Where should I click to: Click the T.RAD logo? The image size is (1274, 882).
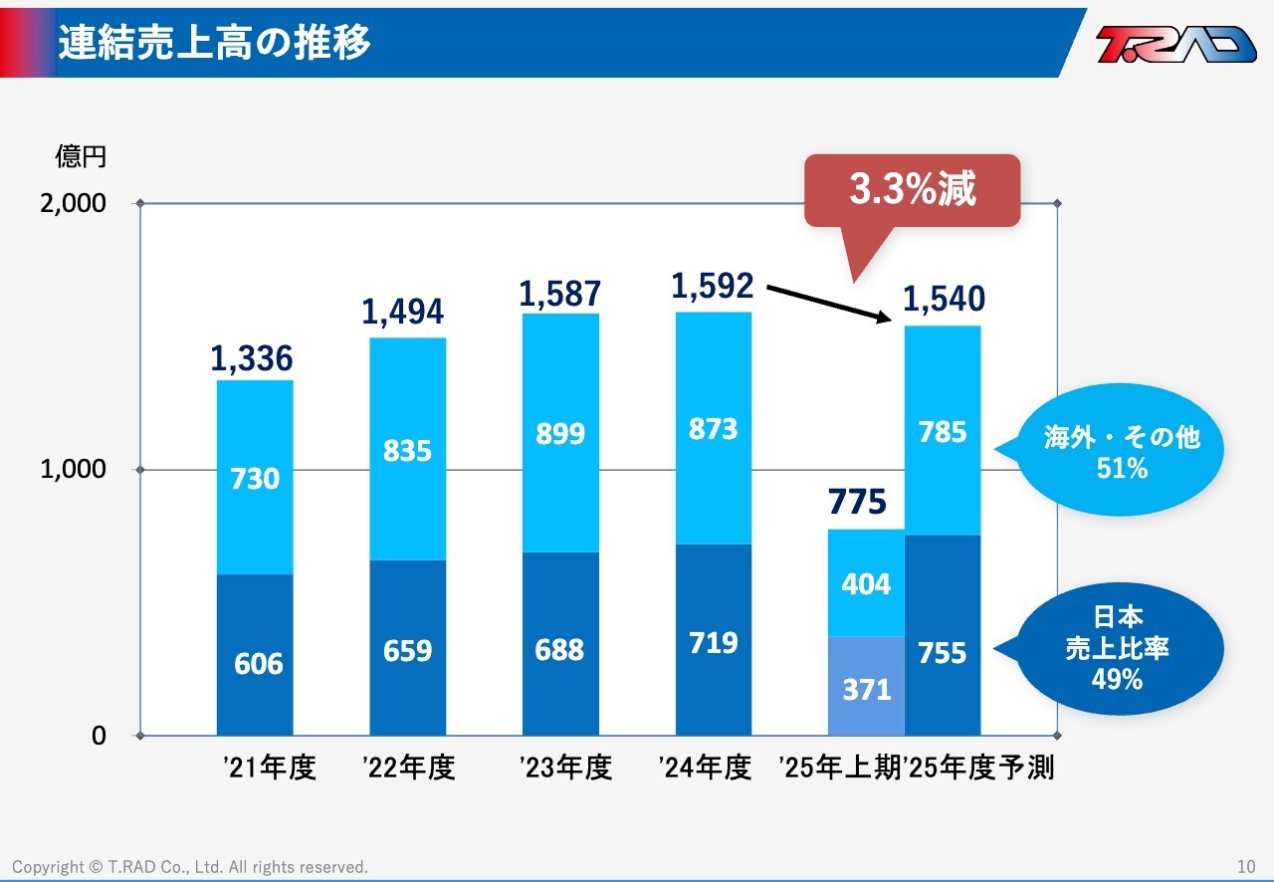click(x=1175, y=44)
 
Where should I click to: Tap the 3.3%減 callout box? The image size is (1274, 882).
click(x=912, y=190)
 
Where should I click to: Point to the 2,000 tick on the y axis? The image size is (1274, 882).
click(x=72, y=204)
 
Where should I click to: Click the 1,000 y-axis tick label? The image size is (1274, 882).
click(x=72, y=469)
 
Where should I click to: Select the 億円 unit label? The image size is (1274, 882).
click(x=80, y=157)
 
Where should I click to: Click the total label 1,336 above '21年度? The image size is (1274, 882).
click(x=252, y=359)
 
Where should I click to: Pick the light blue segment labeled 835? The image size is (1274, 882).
click(x=407, y=450)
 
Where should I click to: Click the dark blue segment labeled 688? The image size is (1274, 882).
click(x=560, y=650)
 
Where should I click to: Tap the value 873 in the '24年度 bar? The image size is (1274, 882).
click(x=713, y=429)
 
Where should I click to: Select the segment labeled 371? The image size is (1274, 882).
click(x=866, y=687)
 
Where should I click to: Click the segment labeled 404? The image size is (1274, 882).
click(x=866, y=583)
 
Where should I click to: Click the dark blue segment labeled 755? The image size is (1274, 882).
click(x=943, y=652)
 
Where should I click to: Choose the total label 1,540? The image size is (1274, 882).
click(x=943, y=299)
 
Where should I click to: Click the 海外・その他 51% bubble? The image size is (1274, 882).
click(x=1122, y=450)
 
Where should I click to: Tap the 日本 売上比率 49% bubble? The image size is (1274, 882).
click(x=1117, y=649)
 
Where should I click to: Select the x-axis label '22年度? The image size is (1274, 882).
click(x=408, y=769)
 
